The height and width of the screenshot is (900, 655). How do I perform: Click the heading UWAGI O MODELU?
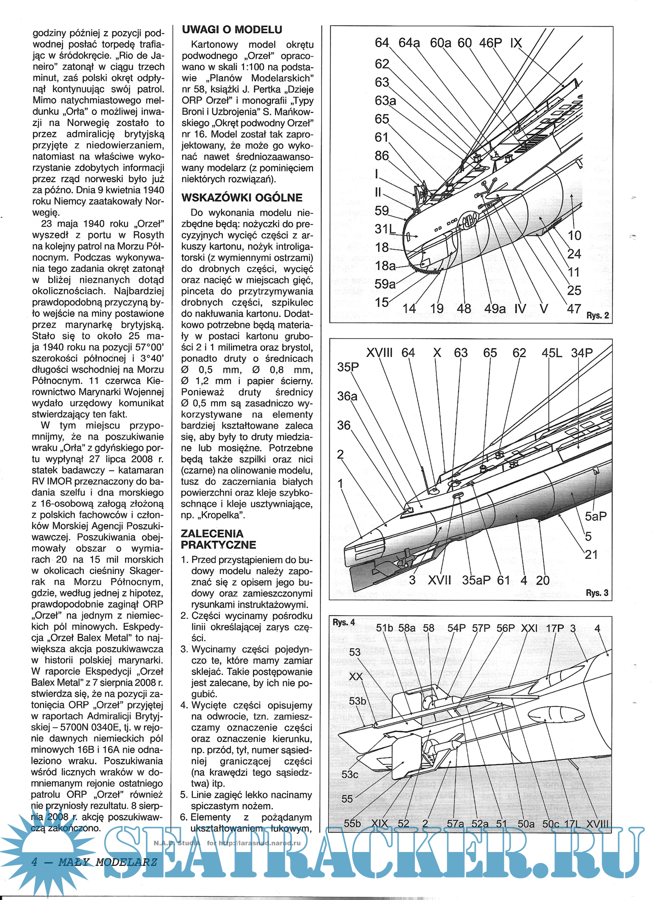pos(232,30)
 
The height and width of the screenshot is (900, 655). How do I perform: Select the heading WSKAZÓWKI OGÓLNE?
pos(242,198)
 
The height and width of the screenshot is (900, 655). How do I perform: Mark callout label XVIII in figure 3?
pos(379,353)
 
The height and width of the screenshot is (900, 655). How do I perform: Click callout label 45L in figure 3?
pos(552,353)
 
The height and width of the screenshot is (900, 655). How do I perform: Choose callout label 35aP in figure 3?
pos(476,580)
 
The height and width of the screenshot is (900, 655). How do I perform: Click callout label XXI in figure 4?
pos(529,628)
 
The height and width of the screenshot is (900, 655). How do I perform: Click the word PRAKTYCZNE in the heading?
pos(219,545)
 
